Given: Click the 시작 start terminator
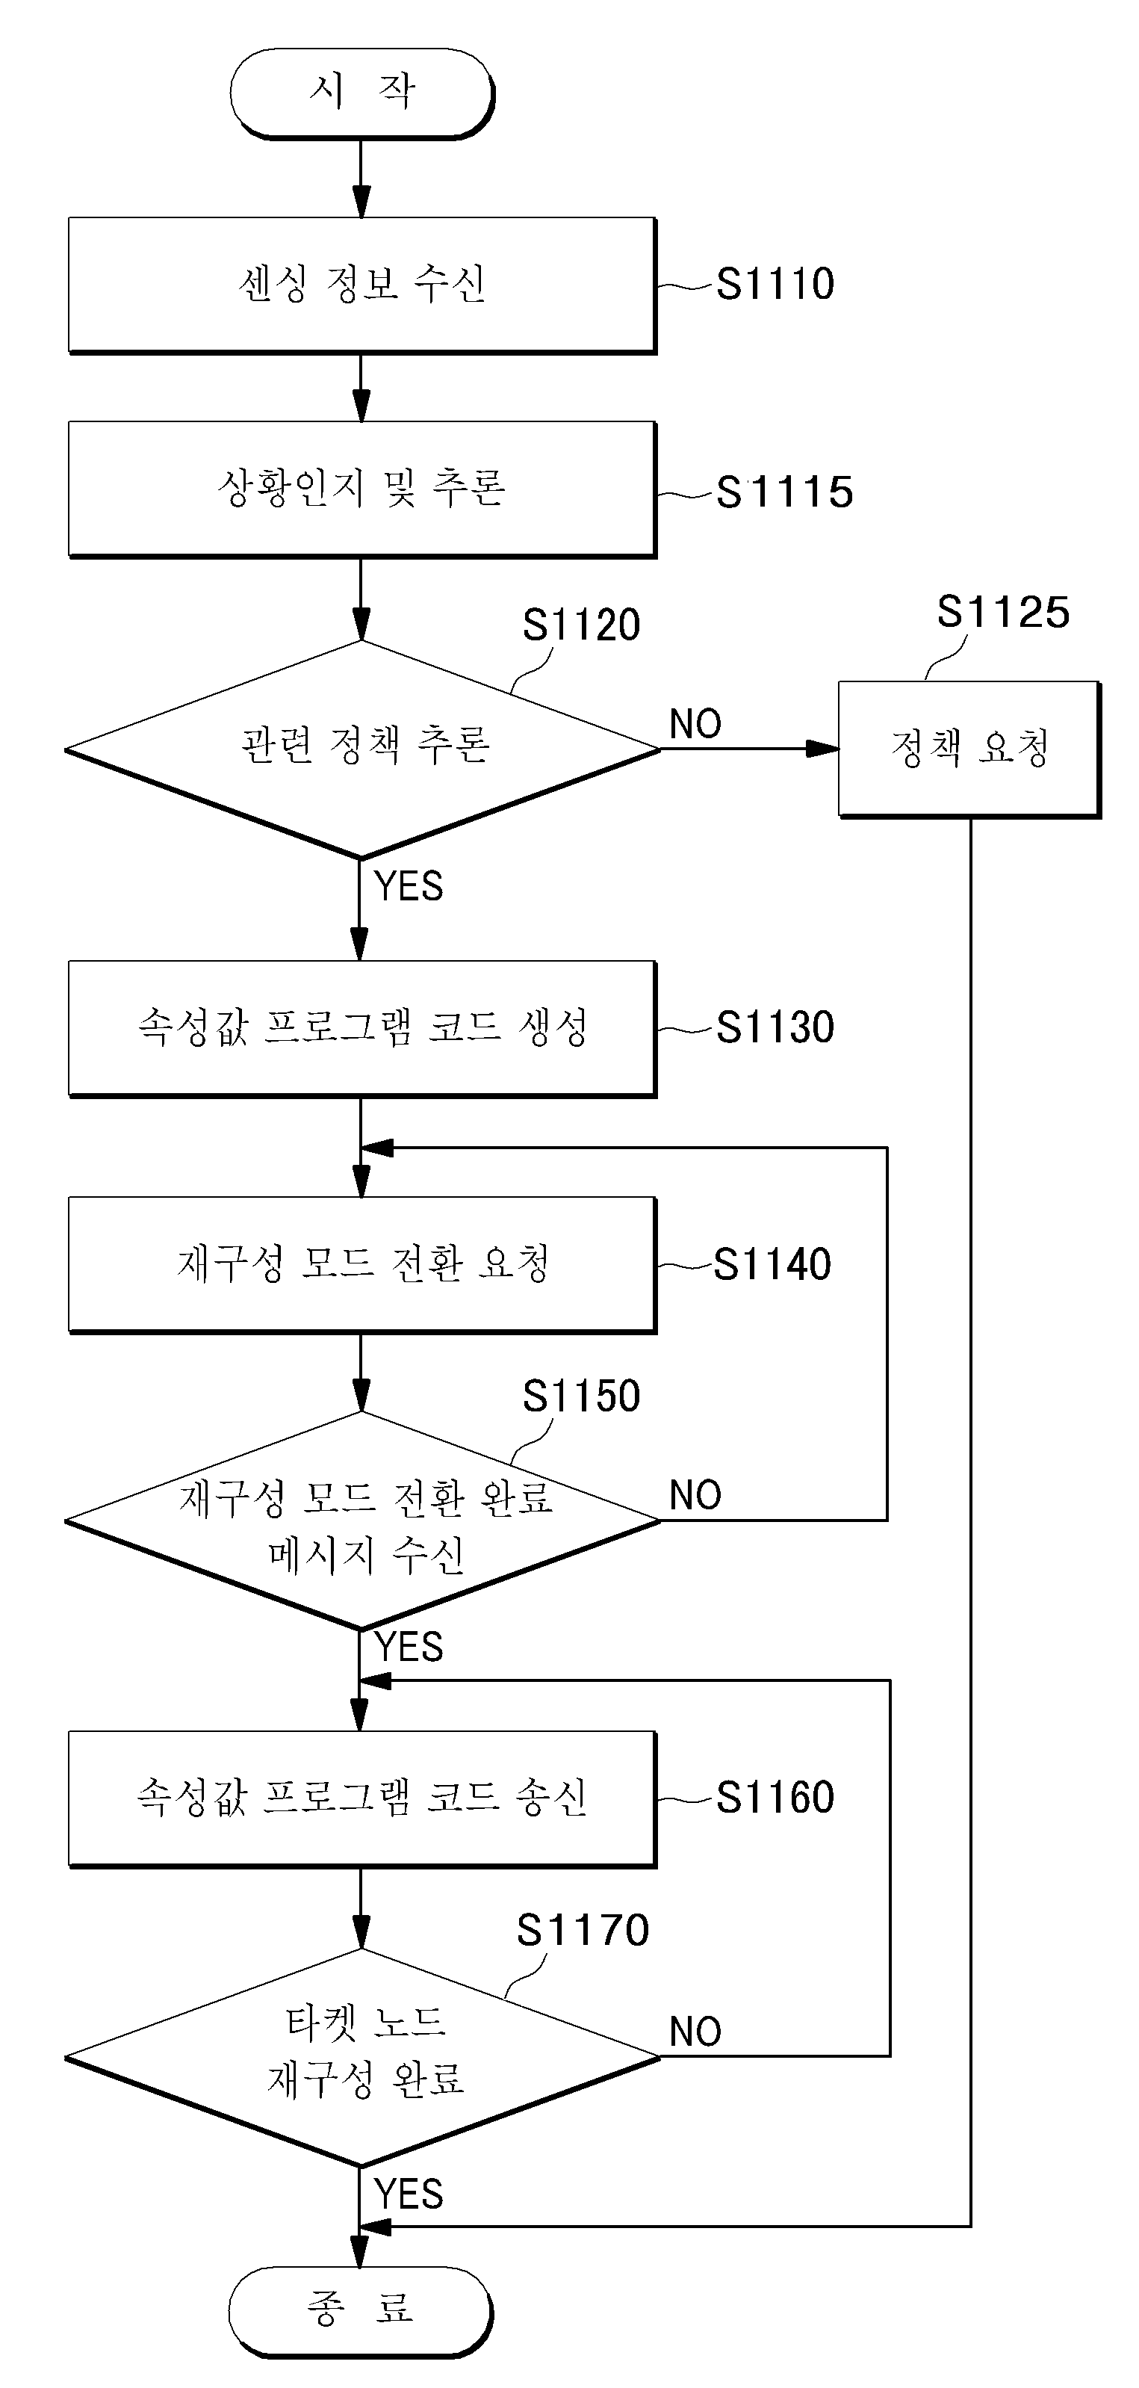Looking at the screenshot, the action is (361, 93).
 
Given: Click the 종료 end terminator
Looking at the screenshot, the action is (361, 2310).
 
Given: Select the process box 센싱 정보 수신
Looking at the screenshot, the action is (362, 285).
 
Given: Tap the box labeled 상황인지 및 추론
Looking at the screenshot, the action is (362, 489).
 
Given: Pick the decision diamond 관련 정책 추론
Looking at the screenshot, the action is (361, 749).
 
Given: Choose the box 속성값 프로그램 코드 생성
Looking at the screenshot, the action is (362, 1029).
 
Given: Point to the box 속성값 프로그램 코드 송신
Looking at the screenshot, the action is (362, 1799).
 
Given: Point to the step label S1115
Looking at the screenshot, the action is (785, 492).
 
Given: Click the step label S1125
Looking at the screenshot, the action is (1004, 612).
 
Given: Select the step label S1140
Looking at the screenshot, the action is (773, 1264).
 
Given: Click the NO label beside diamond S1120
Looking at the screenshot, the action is (696, 724).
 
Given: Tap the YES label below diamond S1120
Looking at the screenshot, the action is (409, 886).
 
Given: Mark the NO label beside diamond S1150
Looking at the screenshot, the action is (696, 1495).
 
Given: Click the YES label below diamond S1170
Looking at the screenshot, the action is (409, 2194).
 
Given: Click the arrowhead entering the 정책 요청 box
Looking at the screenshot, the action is (822, 749).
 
